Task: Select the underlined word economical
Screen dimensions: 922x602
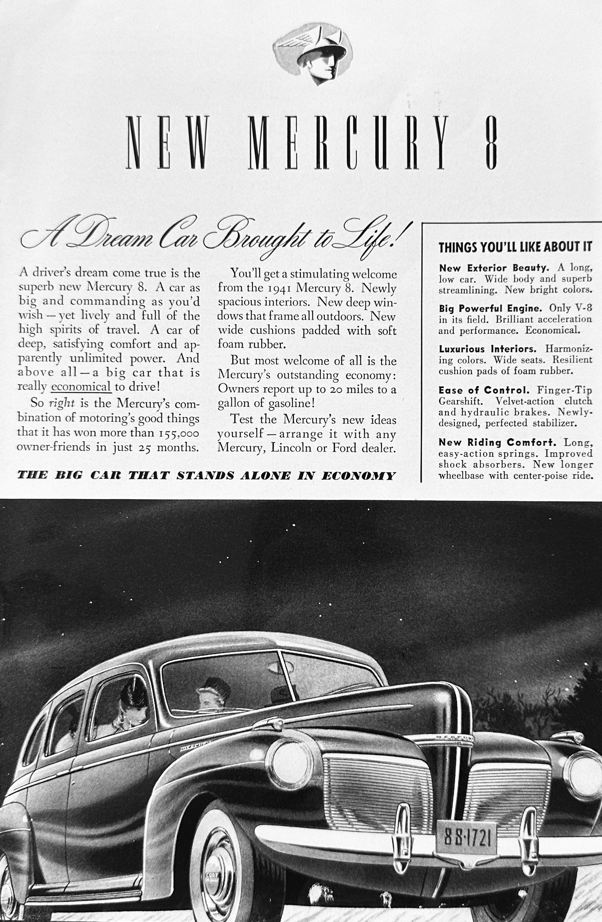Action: (x=81, y=386)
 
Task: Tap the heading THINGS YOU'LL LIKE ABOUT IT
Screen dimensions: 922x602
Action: (x=515, y=247)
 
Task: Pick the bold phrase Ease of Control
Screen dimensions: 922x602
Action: (x=484, y=391)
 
